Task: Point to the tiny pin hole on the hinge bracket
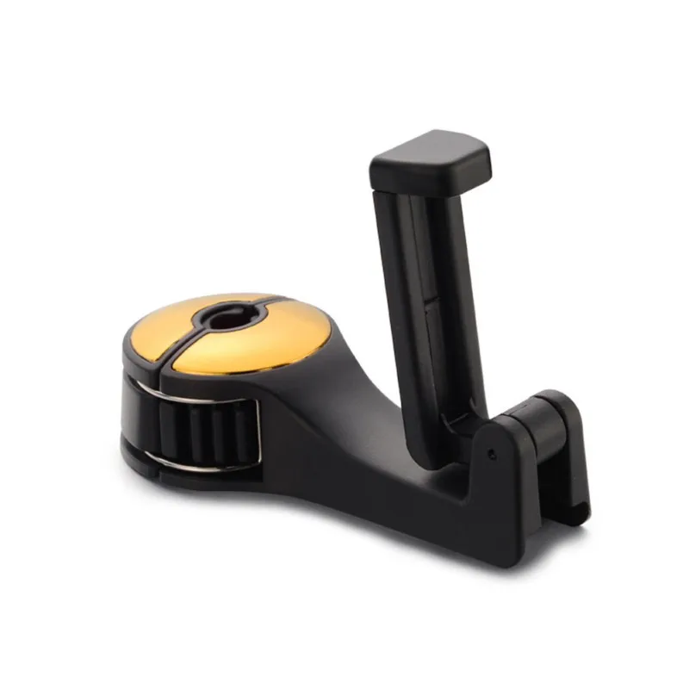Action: [491, 452]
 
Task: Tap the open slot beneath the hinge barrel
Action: [543, 500]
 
